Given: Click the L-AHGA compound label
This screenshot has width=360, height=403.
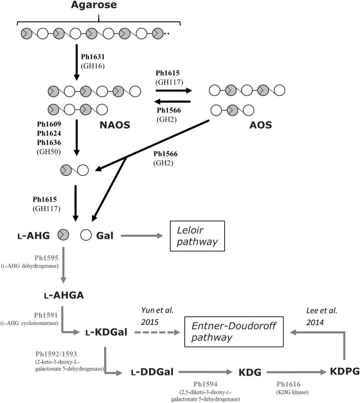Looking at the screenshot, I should (x=64, y=296).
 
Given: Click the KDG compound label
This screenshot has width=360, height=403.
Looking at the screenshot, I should (x=250, y=372).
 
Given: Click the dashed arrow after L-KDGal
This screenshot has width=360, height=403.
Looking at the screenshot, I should (x=155, y=331).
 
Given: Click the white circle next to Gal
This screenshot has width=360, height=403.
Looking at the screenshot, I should (x=85, y=235).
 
